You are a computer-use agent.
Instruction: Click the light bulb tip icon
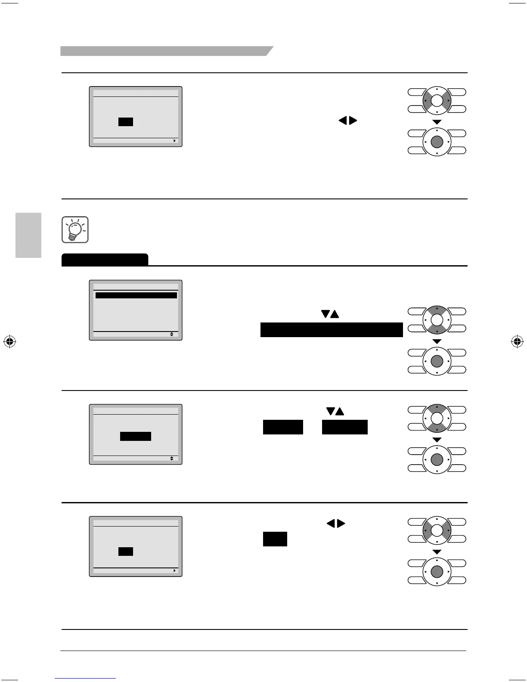pyautogui.click(x=75, y=229)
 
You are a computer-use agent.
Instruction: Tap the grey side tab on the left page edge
pyautogui.click(x=28, y=235)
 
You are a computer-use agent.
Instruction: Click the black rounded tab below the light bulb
pyautogui.click(x=105, y=260)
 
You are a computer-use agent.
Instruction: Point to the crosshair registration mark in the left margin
pyautogui.click(x=9, y=342)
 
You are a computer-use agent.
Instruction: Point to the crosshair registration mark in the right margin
pyautogui.click(x=517, y=342)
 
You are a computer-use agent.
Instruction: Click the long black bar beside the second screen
pyautogui.click(x=332, y=330)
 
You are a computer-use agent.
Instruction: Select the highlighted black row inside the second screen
pyautogui.click(x=136, y=296)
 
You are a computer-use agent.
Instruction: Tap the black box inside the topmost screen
pyautogui.click(x=126, y=122)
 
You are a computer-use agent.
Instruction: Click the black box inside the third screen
pyautogui.click(x=136, y=436)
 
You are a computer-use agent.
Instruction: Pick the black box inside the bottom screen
pyautogui.click(x=126, y=552)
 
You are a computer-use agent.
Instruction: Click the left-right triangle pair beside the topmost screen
pyautogui.click(x=348, y=121)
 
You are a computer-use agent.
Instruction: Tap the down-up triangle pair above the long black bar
pyautogui.click(x=330, y=315)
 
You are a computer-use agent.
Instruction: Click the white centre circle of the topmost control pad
pyautogui.click(x=437, y=101)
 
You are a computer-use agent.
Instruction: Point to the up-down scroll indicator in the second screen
pyautogui.click(x=171, y=334)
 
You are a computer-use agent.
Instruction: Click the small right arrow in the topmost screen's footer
pyautogui.click(x=174, y=140)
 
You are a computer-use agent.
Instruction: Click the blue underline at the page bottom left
pyautogui.click(x=85, y=679)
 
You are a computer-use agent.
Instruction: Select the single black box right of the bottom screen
pyautogui.click(x=275, y=539)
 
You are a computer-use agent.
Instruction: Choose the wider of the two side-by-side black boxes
pyautogui.click(x=345, y=427)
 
